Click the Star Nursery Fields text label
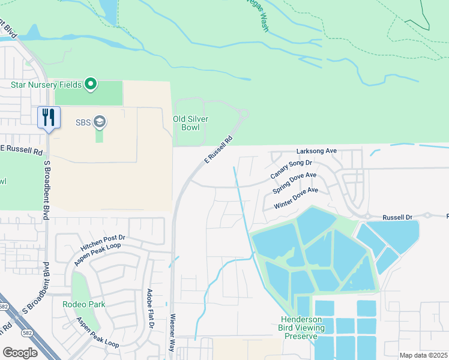point(46,85)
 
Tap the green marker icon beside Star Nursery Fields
point(91,84)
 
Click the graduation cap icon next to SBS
point(99,122)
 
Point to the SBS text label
point(83,122)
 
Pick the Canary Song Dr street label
point(292,169)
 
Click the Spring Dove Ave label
point(294,183)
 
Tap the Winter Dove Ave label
point(296,198)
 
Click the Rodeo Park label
point(84,304)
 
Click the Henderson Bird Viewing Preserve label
point(301,328)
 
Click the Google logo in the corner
point(20,352)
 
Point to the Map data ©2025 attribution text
point(423,355)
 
